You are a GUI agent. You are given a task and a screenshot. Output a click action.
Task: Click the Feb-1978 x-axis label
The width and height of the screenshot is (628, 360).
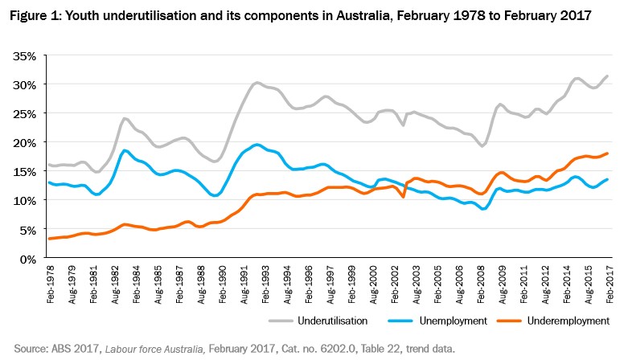click(51, 281)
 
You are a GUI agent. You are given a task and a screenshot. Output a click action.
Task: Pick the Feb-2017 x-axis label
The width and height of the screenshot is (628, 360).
click(608, 281)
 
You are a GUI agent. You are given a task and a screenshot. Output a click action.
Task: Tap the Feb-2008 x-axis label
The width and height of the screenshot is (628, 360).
click(479, 281)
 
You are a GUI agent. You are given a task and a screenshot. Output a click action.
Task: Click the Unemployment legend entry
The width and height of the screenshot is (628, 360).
click(454, 321)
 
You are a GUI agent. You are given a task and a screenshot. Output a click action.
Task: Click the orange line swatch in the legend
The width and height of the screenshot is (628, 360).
click(509, 321)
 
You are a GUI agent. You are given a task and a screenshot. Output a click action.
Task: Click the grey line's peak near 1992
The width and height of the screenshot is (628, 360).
click(257, 82)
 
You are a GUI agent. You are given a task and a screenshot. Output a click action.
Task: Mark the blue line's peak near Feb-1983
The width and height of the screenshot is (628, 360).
click(125, 150)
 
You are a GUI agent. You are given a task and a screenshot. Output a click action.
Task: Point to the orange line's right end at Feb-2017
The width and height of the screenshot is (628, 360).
click(607, 153)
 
